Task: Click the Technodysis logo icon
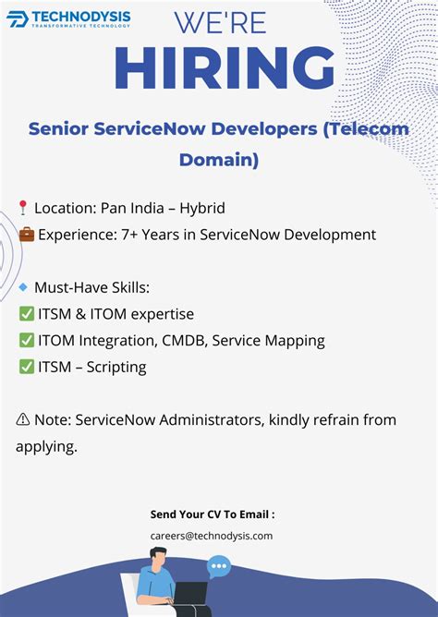18,18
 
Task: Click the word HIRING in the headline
225,67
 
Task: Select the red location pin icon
23,208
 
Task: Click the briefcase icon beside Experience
26,235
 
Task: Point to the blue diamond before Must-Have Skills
23,287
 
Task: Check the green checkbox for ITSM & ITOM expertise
26,314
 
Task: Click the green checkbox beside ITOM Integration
26,341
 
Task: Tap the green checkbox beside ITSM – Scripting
26,367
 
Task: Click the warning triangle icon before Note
23,420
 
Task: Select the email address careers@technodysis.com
212,536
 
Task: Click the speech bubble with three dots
219,565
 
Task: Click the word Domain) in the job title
219,160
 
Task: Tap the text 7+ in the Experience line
130,235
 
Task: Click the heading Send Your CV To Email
213,514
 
